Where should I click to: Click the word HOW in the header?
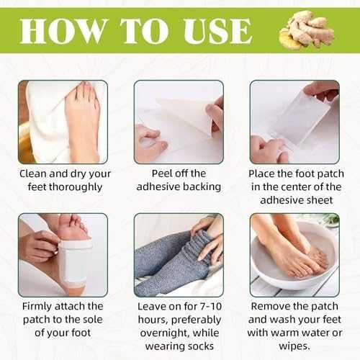coord(63,31)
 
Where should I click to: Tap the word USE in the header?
coord(218,32)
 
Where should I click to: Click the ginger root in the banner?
coord(307,30)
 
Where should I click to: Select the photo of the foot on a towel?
coord(63,122)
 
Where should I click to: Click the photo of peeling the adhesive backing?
coord(179,122)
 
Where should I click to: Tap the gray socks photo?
coord(179,255)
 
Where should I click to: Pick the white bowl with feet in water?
coord(294,256)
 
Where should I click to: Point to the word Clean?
coord(33,174)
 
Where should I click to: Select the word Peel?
coord(162,174)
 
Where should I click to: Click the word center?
coord(303,187)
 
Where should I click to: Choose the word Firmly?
coord(37,307)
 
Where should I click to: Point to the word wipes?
coord(294,346)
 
